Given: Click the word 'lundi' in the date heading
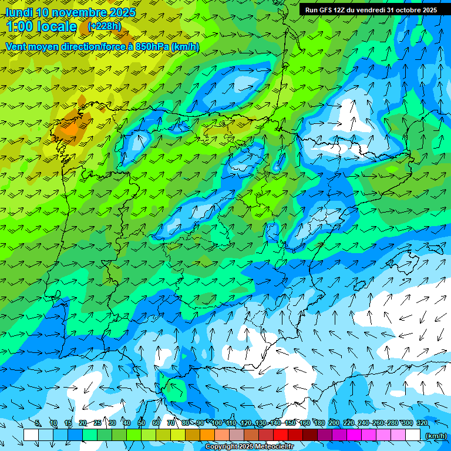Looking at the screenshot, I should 19,12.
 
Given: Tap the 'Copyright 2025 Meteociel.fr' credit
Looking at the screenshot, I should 250,447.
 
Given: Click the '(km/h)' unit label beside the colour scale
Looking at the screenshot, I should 436,436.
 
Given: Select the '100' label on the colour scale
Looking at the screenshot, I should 217,423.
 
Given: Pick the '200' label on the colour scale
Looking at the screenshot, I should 334,423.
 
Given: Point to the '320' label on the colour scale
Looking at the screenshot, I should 422,423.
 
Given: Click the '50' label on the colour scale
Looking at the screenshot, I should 142,423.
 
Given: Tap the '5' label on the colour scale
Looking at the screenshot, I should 38,423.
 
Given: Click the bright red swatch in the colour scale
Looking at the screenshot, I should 281,435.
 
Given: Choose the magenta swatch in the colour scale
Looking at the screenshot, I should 354,435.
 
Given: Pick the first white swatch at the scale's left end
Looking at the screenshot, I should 31,435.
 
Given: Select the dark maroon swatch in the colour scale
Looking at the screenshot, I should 310,435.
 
